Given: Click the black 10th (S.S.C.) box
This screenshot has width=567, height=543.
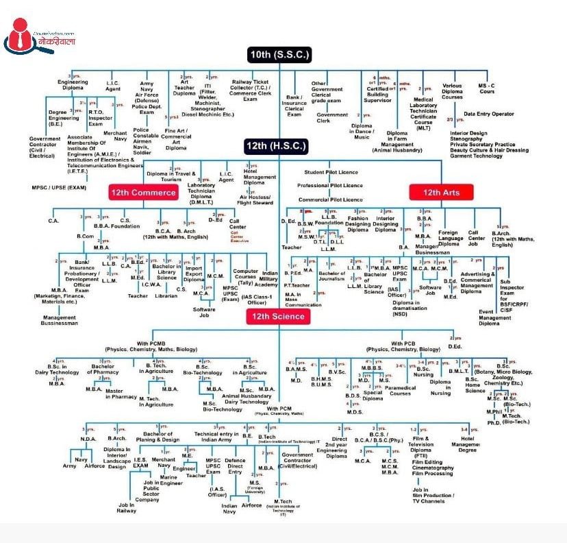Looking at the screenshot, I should [280, 54].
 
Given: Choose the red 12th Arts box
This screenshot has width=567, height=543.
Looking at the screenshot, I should [441, 193].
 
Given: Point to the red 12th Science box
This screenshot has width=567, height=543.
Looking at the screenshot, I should [278, 316].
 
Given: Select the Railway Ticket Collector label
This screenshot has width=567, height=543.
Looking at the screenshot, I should [251, 90].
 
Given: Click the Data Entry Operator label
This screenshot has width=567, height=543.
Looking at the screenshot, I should [488, 114].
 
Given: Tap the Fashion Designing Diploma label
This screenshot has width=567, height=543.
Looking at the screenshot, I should [357, 224].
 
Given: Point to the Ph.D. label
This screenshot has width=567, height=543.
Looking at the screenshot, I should [494, 422].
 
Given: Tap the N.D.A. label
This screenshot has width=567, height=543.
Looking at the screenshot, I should [88, 439].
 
